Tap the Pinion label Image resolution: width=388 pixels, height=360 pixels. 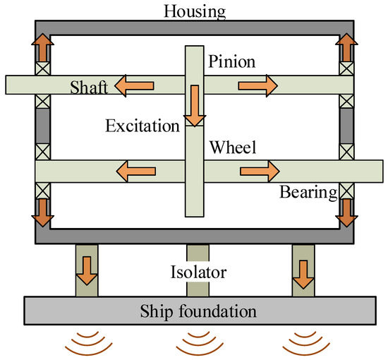[x=231, y=61]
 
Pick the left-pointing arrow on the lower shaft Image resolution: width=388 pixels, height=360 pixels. [x=135, y=170]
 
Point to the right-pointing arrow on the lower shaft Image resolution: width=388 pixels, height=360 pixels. [x=259, y=170]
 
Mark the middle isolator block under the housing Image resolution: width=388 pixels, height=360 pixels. [x=197, y=253]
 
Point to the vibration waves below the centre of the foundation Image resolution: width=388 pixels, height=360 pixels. [x=197, y=342]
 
